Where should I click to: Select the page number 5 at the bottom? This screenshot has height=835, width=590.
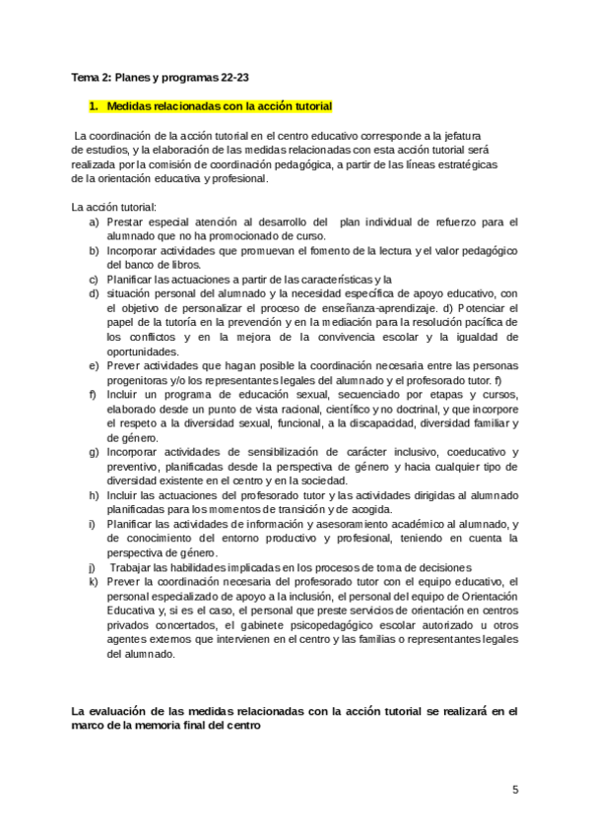tap(514, 790)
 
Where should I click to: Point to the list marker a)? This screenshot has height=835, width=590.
tap(93, 223)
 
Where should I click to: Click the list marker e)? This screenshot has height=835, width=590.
tap(93, 365)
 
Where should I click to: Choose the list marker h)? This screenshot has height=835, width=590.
tap(93, 493)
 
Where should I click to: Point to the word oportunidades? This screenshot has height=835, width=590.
tap(143, 351)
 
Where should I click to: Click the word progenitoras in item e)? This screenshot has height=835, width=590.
tap(140, 380)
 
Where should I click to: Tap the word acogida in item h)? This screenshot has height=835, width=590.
tap(367, 509)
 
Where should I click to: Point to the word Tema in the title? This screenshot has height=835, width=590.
tap(87, 77)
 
